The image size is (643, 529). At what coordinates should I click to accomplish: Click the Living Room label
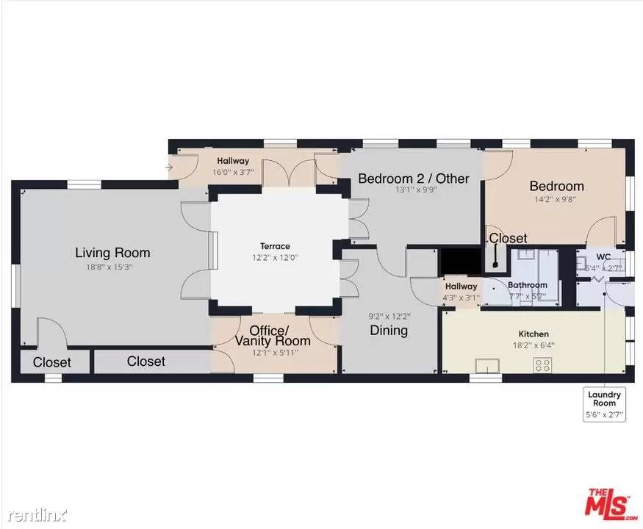(x=112, y=253)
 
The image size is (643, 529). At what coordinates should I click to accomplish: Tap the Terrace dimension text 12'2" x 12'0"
(x=275, y=258)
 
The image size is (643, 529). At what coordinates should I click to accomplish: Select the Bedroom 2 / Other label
(x=413, y=179)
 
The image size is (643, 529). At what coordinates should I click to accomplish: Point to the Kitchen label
(x=534, y=334)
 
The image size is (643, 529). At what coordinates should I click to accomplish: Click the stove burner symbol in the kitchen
(x=542, y=365)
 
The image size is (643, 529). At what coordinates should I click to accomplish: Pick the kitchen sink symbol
(x=487, y=365)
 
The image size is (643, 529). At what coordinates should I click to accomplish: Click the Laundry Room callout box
(x=605, y=404)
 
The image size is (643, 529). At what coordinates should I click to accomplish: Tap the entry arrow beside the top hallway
(x=168, y=168)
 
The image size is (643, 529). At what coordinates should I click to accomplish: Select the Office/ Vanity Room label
(x=273, y=336)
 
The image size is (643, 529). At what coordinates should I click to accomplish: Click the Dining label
(x=389, y=330)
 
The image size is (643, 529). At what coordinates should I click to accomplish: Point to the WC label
(x=603, y=257)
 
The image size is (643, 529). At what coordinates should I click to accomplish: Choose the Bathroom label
(x=528, y=284)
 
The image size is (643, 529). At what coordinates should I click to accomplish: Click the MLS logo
(x=611, y=504)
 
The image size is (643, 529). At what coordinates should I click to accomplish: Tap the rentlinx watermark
(x=37, y=514)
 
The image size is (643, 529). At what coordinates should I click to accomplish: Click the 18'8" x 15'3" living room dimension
(x=109, y=267)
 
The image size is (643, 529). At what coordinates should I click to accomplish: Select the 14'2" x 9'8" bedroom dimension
(x=556, y=200)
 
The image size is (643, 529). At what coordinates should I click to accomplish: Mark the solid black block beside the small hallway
(x=461, y=262)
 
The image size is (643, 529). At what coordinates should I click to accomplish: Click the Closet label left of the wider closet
(x=51, y=362)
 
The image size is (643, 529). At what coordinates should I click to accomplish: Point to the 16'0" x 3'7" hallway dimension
(x=233, y=172)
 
